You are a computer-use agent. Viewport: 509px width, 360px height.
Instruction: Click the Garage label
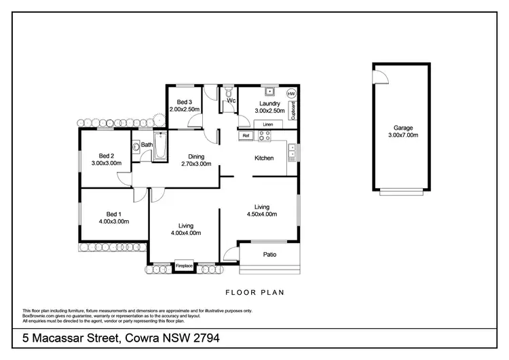[x=403, y=127]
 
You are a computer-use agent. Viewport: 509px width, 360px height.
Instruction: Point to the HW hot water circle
[x=292, y=93]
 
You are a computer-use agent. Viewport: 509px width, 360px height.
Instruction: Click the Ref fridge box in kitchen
[x=245, y=136]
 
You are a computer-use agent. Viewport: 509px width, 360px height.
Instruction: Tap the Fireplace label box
[x=185, y=266]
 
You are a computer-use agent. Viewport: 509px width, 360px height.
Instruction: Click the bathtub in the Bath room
[x=160, y=147]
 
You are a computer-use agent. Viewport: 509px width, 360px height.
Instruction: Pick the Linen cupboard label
[x=268, y=124]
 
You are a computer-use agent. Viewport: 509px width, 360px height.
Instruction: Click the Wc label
[x=231, y=101]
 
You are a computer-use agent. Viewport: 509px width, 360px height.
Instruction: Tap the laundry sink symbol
[x=269, y=91]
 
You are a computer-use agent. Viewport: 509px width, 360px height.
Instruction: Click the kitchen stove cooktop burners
[x=263, y=136]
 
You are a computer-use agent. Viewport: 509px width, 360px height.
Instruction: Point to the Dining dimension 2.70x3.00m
[x=196, y=164]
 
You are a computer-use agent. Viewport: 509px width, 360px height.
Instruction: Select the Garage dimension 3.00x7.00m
[x=403, y=135]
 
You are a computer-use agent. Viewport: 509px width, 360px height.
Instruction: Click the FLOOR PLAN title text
[x=254, y=293]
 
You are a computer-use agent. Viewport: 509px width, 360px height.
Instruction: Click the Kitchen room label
[x=264, y=158]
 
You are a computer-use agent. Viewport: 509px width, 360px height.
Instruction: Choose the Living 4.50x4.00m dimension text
[x=262, y=215]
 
